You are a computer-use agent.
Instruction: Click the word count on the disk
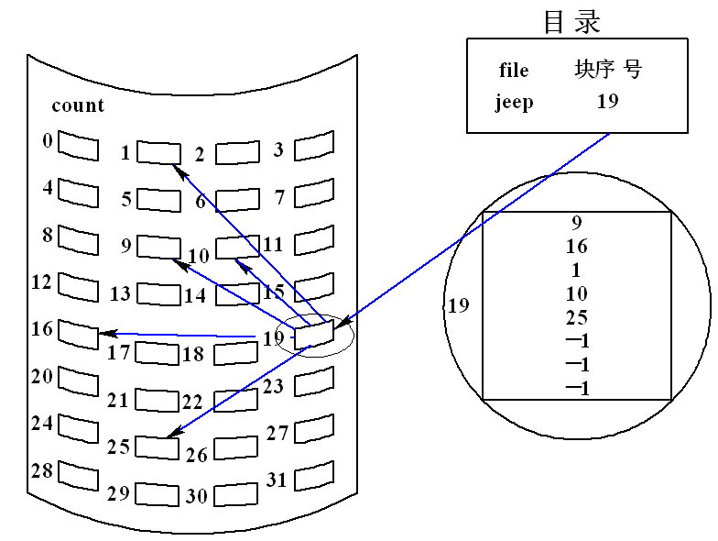click(78, 105)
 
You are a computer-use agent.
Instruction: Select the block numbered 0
click(78, 145)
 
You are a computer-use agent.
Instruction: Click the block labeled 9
click(158, 246)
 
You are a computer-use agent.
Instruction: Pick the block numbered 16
click(78, 333)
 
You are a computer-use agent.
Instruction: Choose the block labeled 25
click(158, 447)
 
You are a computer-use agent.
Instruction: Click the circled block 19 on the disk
click(313, 333)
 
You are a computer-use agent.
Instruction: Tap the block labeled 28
click(78, 474)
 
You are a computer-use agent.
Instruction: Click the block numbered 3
click(314, 144)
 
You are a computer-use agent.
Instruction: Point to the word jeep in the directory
click(515, 102)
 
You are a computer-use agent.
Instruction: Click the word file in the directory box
click(514, 71)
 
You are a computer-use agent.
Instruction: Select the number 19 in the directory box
click(607, 101)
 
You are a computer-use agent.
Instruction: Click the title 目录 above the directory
click(572, 21)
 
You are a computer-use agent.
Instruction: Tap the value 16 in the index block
click(577, 247)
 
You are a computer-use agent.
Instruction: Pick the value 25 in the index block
click(577, 318)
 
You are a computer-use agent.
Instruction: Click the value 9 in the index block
click(577, 223)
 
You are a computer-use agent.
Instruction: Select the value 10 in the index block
click(577, 294)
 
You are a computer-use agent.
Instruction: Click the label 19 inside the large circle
click(458, 305)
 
